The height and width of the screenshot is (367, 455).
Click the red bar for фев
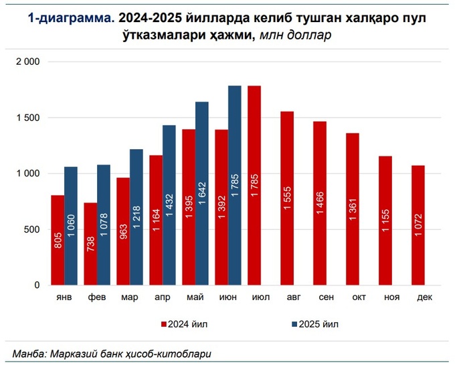click(x=90, y=244)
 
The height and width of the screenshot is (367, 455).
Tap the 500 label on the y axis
click(x=33, y=229)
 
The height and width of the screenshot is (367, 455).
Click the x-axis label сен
click(x=320, y=298)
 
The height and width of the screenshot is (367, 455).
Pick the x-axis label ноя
click(x=385, y=298)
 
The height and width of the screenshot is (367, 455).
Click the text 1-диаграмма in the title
click(x=66, y=19)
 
